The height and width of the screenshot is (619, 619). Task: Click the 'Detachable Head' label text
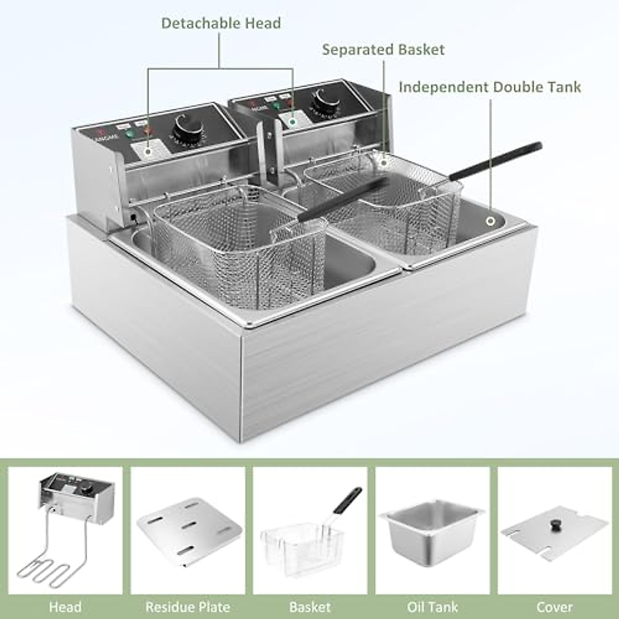tap(221, 23)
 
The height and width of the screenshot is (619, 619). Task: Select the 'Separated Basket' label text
tap(383, 50)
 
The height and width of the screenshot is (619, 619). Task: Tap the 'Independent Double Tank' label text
tap(490, 87)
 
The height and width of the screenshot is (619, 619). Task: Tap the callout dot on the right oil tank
tap(490, 221)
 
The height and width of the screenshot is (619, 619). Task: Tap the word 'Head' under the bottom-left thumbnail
tap(65, 607)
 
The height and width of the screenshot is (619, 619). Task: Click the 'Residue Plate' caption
tap(188, 607)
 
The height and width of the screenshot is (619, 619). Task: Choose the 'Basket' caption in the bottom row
tap(310, 607)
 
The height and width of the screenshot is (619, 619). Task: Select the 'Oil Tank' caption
tap(432, 607)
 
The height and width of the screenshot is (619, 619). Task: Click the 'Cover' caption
tap(555, 607)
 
